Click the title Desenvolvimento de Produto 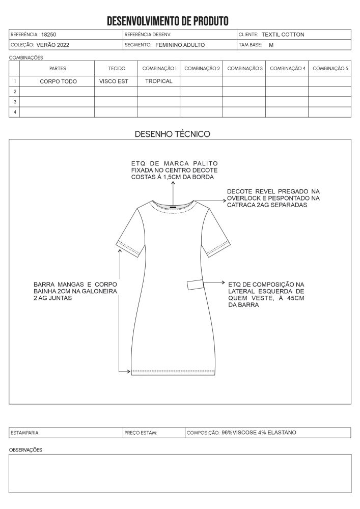pos(168,21)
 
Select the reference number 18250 pos(49,35)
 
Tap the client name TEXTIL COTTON pos(283,35)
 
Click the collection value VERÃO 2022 pos(53,45)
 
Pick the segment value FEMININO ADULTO pos(180,45)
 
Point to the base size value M pos(271,45)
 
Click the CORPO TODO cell pos(58,81)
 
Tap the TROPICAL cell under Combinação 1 pos(158,81)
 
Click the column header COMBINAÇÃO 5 pos(330,68)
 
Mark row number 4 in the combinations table pos(15,111)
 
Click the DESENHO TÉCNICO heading pos(172,134)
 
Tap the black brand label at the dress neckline pos(174,206)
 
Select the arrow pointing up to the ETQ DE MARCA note pos(174,192)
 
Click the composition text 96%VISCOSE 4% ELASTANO pos(259,433)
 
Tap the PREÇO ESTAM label pos(141,433)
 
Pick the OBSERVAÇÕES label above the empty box pos(26,450)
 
